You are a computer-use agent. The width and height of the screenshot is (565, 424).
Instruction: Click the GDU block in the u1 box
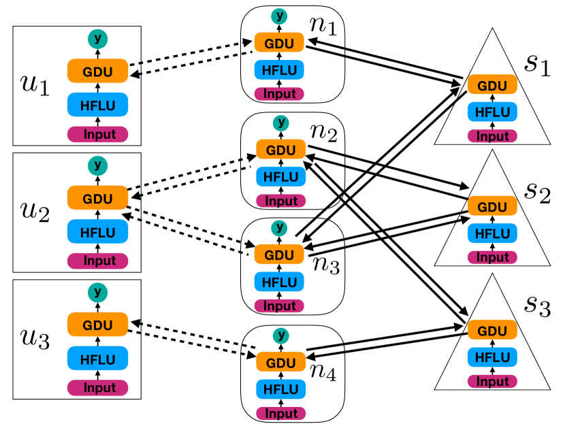(97, 71)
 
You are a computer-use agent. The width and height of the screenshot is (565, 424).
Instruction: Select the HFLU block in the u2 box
(97, 231)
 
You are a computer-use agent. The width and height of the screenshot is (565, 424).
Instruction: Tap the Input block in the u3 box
(97, 388)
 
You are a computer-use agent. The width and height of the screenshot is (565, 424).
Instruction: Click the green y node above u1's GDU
(97, 39)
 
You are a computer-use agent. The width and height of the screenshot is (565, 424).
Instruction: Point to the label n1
(323, 25)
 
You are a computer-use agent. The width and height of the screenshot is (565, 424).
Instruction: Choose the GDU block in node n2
(280, 150)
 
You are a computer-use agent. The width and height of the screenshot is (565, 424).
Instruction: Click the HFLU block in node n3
(279, 282)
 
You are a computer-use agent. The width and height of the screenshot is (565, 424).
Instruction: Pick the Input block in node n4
(280, 413)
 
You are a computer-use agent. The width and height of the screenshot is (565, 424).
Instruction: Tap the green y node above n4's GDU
(281, 336)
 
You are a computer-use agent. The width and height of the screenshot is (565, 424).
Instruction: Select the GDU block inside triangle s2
(492, 206)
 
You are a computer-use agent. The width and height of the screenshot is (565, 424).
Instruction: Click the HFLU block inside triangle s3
(492, 357)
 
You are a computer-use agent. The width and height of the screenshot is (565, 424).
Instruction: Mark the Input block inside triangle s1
(492, 136)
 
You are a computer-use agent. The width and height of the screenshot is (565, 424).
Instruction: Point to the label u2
(35, 212)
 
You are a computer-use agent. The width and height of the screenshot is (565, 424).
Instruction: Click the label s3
(537, 306)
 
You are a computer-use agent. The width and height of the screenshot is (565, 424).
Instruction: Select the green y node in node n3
(279, 228)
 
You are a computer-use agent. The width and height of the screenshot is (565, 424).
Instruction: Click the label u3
(35, 339)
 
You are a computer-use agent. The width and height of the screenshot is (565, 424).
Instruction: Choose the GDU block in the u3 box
(97, 325)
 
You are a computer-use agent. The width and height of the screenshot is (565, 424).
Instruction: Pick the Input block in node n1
(279, 94)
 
